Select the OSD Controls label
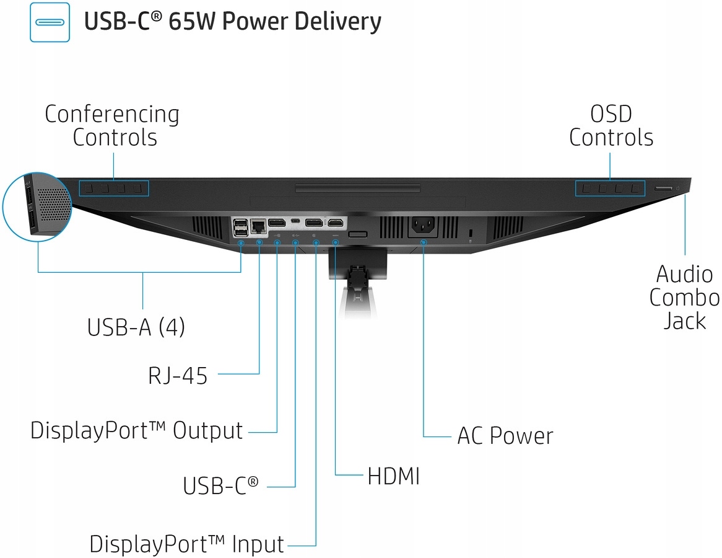tap(611, 125)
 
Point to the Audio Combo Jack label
tap(684, 297)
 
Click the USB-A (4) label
tap(136, 327)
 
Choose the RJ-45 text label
tap(178, 375)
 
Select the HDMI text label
tap(394, 477)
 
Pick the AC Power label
tap(505, 436)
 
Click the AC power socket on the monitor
tap(423, 226)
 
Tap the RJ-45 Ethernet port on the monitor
tap(258, 226)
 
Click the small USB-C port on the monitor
tap(295, 221)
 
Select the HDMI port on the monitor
tap(336, 222)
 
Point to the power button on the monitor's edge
tap(679, 187)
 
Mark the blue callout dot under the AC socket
tap(424, 242)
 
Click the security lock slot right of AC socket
tap(471, 233)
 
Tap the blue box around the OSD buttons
tap(611, 187)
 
